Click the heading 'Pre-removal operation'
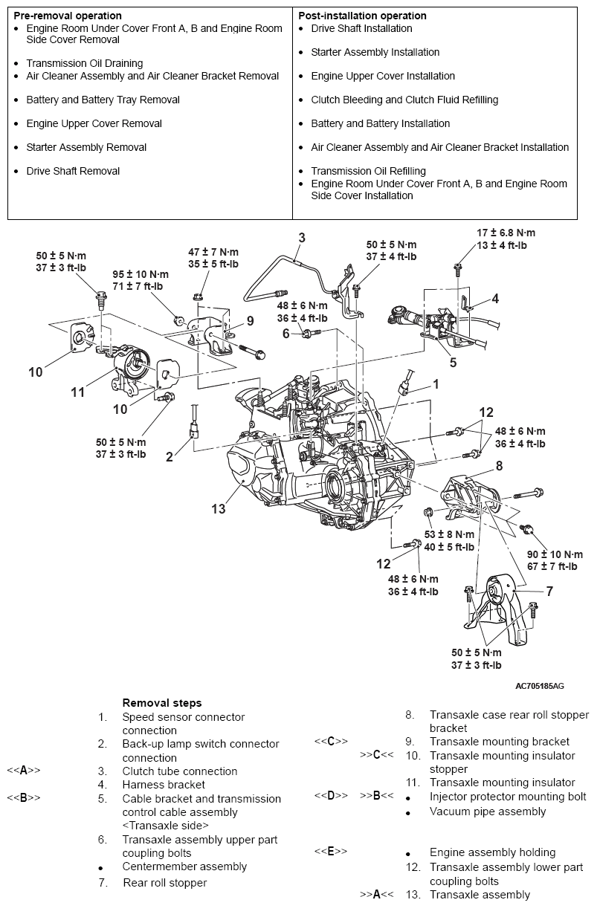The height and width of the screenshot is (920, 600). pos(68,16)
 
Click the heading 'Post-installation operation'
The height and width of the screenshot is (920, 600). pos(362,16)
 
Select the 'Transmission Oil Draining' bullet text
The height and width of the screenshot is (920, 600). pos(84,64)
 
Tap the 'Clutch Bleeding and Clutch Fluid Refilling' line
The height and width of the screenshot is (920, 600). pos(404,100)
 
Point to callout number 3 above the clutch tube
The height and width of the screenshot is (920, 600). pos(302,238)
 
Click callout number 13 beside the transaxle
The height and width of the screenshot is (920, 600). pos(218,509)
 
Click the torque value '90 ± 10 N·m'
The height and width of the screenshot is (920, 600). pos(555,554)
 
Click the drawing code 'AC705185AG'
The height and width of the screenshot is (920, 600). pos(539,686)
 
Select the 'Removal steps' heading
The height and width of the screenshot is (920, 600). pos(161,703)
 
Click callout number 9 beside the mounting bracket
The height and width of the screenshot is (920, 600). pos(251,321)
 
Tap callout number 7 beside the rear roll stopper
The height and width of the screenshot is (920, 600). pos(549,592)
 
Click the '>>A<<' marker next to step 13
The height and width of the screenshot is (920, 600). pos(376,895)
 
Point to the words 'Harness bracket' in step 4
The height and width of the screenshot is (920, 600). pos(164,785)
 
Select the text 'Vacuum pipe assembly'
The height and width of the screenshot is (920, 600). pos(487,812)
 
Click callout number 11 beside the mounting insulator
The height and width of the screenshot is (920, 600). pos(78,392)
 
